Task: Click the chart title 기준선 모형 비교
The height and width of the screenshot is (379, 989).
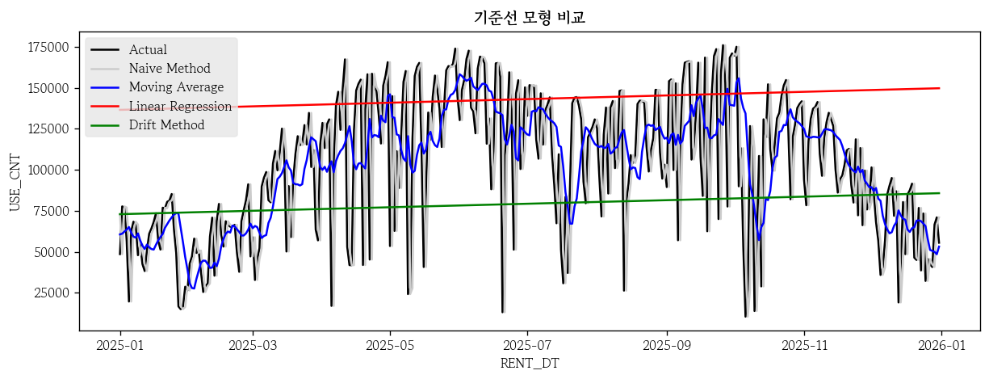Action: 529,18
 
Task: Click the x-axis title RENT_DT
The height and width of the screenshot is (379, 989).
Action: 529,364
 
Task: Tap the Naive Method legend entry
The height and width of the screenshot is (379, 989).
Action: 169,69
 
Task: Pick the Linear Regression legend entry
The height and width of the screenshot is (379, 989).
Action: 180,106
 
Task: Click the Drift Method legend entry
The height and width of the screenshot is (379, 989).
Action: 166,124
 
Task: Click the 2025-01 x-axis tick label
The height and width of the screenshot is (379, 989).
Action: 120,345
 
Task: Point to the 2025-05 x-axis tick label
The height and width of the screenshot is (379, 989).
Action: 390,345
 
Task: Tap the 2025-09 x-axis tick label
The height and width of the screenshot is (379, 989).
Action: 667,345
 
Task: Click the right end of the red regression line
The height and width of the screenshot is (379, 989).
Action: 940,88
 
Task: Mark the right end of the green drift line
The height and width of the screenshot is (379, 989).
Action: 940,192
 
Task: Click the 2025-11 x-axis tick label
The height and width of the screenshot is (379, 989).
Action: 804,345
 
